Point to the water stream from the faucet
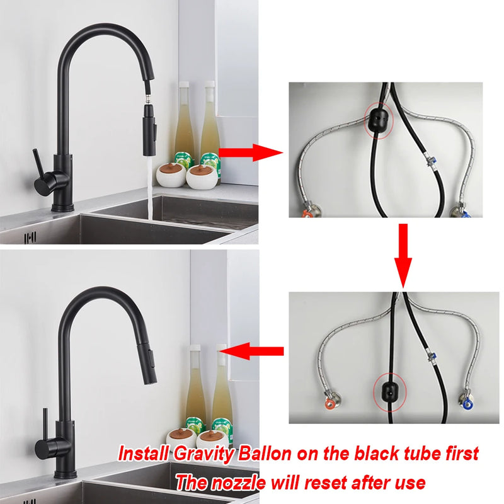pyautogui.click(x=152, y=189)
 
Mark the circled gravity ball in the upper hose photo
pyautogui.click(x=379, y=118)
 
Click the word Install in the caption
pyautogui.click(x=144, y=454)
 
